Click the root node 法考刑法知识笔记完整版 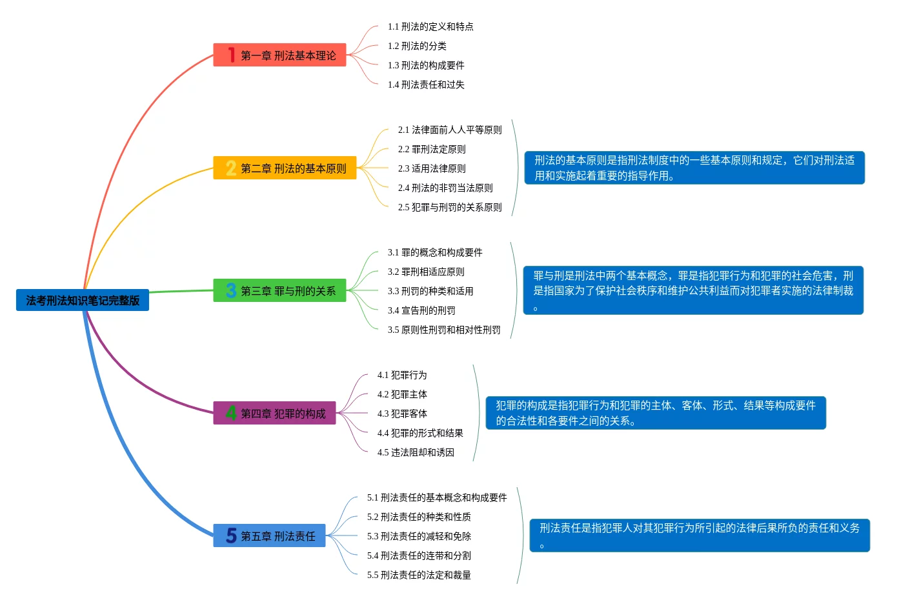(x=83, y=300)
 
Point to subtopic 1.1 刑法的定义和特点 (x=430, y=26)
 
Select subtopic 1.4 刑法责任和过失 (x=426, y=85)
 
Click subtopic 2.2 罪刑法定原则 (x=432, y=149)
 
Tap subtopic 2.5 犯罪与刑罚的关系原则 (x=450, y=207)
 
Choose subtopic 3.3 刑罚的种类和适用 (x=430, y=291)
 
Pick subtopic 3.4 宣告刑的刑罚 (x=421, y=310)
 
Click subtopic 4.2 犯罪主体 (x=402, y=394)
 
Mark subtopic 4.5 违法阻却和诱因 (x=416, y=452)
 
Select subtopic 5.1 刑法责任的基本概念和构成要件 (x=437, y=497)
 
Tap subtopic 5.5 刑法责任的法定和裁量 (x=419, y=575)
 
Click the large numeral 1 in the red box (x=231, y=55)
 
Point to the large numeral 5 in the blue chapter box (x=231, y=536)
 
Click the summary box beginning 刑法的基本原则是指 (x=694, y=168)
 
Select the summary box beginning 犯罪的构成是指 (x=656, y=413)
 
